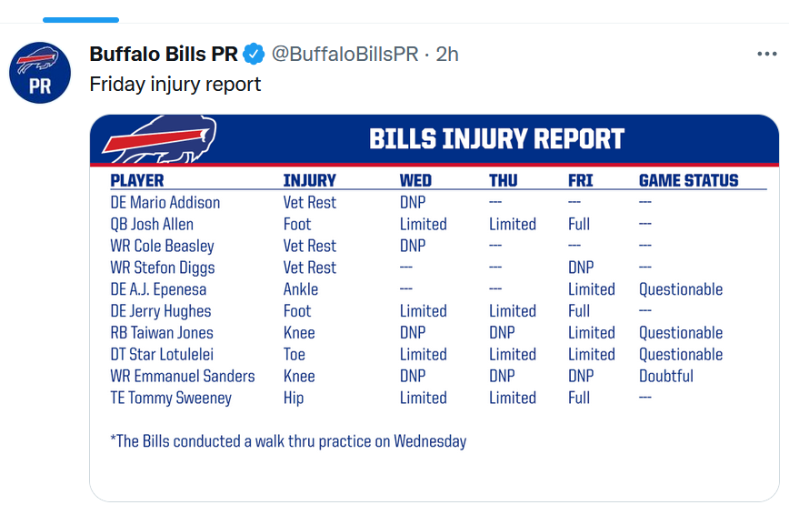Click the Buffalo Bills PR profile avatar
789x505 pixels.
click(x=40, y=73)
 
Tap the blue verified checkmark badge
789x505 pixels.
click(x=254, y=55)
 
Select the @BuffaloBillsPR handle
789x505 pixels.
click(x=345, y=55)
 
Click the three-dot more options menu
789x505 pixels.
click(x=767, y=54)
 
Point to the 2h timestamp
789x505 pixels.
click(x=447, y=55)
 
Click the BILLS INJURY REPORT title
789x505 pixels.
click(x=496, y=139)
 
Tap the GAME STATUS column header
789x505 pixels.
click(x=688, y=180)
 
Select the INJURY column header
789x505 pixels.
click(x=309, y=180)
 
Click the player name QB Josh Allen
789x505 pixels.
click(x=152, y=224)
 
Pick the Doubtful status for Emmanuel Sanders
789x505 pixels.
click(x=666, y=376)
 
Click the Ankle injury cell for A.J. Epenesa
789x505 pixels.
click(x=301, y=289)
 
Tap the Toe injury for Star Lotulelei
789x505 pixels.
click(x=295, y=355)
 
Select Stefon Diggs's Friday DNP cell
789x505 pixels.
click(x=581, y=268)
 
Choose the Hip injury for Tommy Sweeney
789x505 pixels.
click(x=294, y=399)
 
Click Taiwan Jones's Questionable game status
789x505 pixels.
click(x=681, y=333)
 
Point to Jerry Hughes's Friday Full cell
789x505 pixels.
click(x=579, y=311)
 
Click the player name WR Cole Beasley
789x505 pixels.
click(x=162, y=247)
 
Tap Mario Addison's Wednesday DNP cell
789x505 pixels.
click(x=413, y=202)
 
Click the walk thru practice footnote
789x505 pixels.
click(x=288, y=441)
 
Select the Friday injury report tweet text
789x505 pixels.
click(x=175, y=84)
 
